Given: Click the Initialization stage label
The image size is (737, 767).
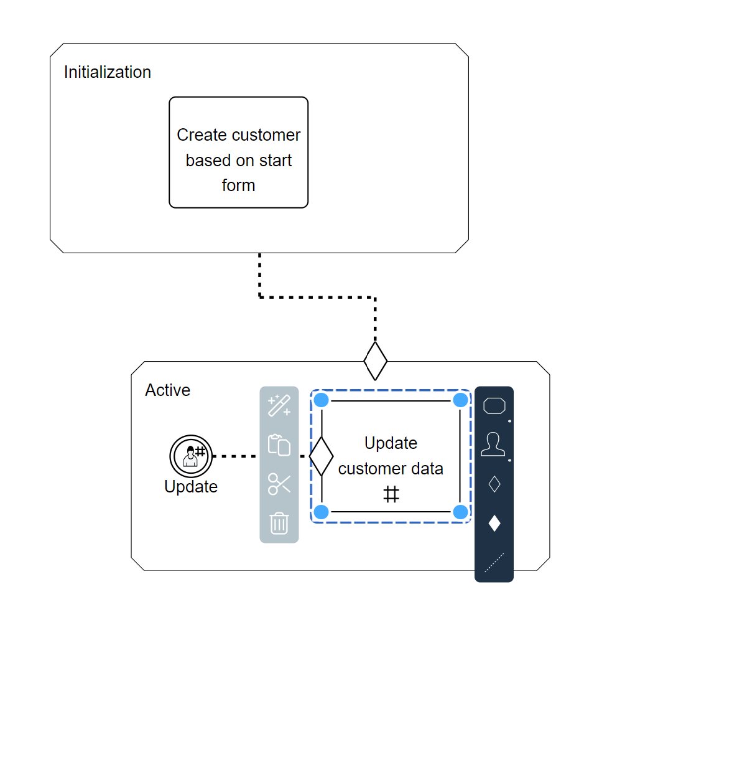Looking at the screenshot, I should tap(107, 72).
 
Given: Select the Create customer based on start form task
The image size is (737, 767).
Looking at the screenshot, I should tap(238, 153).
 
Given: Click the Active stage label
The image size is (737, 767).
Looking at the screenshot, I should tap(167, 390).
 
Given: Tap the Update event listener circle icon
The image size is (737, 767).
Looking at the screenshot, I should tap(191, 456).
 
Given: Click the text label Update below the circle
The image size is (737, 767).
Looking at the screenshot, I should tap(191, 487).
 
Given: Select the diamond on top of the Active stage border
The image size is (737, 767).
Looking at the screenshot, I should tap(375, 361).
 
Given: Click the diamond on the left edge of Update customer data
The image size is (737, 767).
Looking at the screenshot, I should tap(322, 456).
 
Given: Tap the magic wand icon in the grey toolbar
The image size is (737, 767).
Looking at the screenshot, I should tap(279, 406).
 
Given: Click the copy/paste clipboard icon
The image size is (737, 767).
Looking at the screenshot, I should tap(279, 445).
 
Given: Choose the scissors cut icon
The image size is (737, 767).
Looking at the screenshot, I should tap(279, 484).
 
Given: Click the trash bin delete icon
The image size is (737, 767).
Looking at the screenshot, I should tap(279, 524).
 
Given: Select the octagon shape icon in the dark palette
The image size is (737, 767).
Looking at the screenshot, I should tap(494, 406).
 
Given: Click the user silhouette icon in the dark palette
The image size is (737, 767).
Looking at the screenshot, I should tap(493, 445).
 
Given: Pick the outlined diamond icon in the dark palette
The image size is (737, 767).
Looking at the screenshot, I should tap(494, 484).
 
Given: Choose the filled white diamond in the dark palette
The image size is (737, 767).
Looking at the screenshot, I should tap(494, 523).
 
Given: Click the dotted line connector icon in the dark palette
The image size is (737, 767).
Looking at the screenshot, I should tap(494, 562).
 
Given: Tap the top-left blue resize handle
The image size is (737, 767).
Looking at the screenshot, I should tap(322, 400).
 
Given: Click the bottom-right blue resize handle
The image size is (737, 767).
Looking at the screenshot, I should tap(460, 512).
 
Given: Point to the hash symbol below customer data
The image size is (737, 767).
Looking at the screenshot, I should tap(391, 494).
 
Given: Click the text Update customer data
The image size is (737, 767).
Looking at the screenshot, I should tap(391, 456).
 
